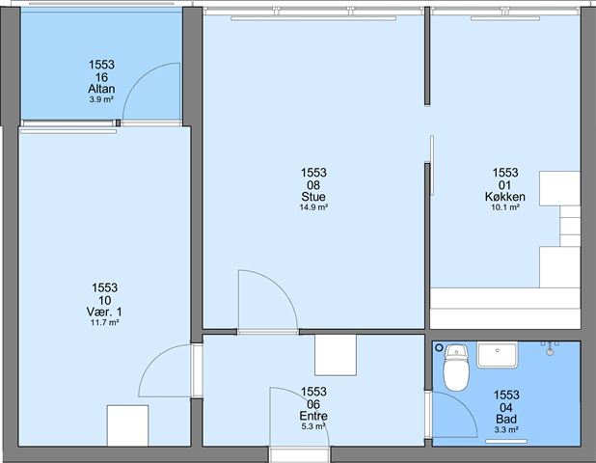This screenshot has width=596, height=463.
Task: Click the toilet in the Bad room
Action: coord(456,368)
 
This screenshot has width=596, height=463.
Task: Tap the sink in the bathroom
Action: coord(498,355)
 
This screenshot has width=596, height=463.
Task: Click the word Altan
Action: coord(101,89)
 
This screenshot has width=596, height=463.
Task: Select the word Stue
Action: coord(313,197)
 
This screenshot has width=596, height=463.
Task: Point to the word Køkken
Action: coord(505,197)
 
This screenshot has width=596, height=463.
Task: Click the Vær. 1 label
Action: coord(104,313)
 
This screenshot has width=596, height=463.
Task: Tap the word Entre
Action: coord(313,416)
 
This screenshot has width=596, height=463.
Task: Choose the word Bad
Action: coord(506,419)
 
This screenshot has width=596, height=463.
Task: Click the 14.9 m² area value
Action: coord(313,207)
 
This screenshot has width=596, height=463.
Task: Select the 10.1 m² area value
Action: coord(505,207)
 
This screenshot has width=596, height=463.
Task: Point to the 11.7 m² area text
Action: coord(104,323)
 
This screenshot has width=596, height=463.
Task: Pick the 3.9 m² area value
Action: coord(101,99)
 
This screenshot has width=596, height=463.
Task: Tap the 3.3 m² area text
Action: coord(506,430)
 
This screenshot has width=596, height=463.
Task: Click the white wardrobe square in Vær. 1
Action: coord(127,425)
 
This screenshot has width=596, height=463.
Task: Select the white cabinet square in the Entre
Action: coord(336,355)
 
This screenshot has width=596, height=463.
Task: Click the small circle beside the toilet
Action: coord(440,347)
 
